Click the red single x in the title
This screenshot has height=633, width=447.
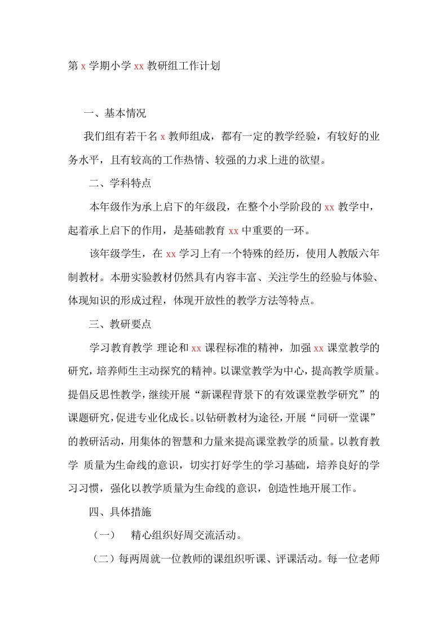[83, 66]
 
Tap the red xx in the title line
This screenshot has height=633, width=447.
[139, 66]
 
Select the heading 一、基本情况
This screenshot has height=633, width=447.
[114, 113]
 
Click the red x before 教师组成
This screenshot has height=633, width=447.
[162, 137]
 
